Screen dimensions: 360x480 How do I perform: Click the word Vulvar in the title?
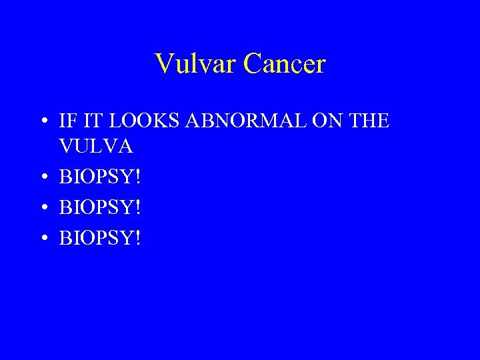(x=196, y=64)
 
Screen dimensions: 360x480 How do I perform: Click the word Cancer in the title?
(x=285, y=64)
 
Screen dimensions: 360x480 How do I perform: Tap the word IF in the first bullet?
(x=67, y=121)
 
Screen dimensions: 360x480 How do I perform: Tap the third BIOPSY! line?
(x=100, y=237)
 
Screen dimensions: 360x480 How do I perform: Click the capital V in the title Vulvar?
(x=163, y=64)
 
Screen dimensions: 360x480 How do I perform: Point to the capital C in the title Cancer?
(x=253, y=64)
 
